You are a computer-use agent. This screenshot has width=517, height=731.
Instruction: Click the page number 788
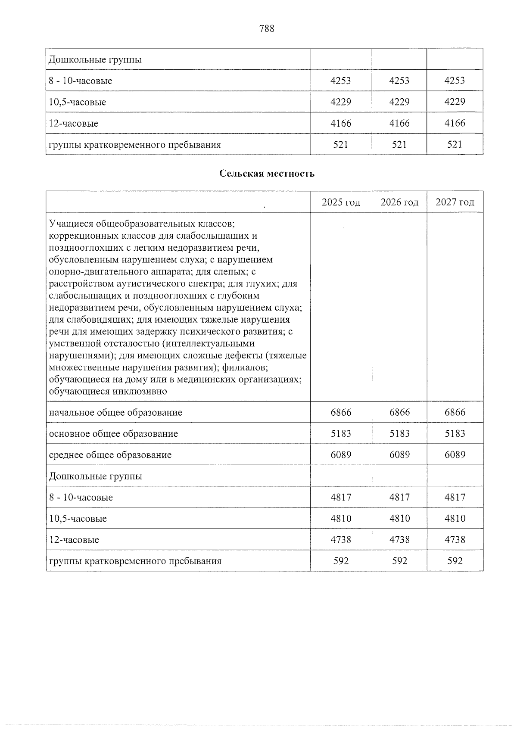click(x=267, y=29)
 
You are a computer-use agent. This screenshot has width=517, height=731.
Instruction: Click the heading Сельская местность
click(x=267, y=174)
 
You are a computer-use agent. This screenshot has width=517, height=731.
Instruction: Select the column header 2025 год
click(x=341, y=202)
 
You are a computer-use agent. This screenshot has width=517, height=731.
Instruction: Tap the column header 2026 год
click(x=399, y=202)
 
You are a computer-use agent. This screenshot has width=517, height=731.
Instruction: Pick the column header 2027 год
click(x=455, y=202)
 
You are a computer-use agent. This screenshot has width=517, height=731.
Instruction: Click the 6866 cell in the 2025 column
click(x=341, y=412)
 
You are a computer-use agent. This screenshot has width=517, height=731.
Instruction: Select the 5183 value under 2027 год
click(x=455, y=433)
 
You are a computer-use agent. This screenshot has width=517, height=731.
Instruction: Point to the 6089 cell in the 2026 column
click(x=399, y=454)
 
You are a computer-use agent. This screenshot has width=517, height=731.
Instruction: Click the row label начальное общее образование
click(x=115, y=413)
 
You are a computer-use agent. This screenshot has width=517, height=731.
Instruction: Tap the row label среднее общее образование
click(x=110, y=455)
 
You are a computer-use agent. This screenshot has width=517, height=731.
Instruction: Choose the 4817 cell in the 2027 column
click(x=455, y=497)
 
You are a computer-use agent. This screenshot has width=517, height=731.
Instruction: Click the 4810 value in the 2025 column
click(x=341, y=518)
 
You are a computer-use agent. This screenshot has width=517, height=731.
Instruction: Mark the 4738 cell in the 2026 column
click(x=399, y=539)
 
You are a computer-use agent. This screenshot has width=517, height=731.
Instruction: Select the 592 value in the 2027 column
click(x=455, y=561)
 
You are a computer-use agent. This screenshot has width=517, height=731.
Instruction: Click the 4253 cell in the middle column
click(x=399, y=81)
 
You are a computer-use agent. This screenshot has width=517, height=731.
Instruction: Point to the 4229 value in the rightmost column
click(x=455, y=102)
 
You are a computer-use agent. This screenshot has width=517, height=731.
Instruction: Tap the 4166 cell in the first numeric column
click(x=341, y=123)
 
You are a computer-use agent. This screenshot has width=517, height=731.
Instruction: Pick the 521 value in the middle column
click(x=399, y=144)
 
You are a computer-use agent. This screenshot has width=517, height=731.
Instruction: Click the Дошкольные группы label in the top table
click(x=95, y=59)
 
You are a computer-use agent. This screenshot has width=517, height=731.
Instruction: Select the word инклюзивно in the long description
click(x=140, y=392)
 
